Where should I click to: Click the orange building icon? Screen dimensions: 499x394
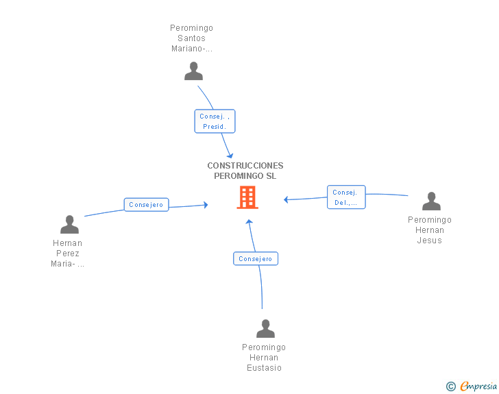pos(247,197)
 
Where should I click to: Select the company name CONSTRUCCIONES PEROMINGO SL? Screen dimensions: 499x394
pos(245,171)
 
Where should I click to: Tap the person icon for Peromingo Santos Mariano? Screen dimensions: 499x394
pos(193,71)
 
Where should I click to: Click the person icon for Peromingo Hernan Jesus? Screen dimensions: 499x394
pos(431,201)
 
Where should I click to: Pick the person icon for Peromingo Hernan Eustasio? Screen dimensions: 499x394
pos(265,328)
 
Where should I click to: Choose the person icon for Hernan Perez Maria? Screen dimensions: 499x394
pos(69,224)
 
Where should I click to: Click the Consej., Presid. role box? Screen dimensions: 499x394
pos(215,121)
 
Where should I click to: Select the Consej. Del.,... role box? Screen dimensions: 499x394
pos(346,197)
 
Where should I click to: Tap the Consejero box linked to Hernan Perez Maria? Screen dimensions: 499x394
pos(146,205)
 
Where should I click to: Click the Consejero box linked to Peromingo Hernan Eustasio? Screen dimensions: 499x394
pos(256,259)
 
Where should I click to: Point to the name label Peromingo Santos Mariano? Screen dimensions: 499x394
pos(192,38)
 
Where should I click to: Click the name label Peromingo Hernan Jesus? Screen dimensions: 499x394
pos(430,230)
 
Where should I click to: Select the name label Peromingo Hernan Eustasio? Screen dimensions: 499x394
pos(264,358)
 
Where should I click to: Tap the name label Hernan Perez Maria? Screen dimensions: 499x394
pos(67,254)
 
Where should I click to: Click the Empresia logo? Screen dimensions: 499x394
pos(478,386)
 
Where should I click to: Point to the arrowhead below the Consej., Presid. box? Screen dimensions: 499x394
pos(230,156)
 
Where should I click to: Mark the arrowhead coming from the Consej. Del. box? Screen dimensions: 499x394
pos(286,199)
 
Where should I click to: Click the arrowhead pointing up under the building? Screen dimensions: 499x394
pos(249,221)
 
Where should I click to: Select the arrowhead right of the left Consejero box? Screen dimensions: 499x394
pos(206,205)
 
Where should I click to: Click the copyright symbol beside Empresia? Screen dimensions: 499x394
pos(450,386)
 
